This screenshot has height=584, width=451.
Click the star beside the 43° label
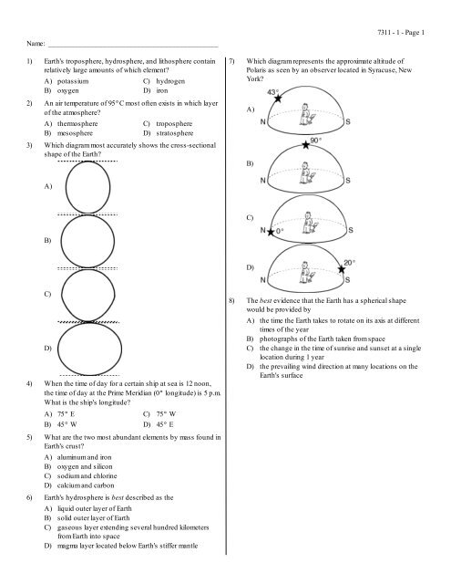pos(279,99)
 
